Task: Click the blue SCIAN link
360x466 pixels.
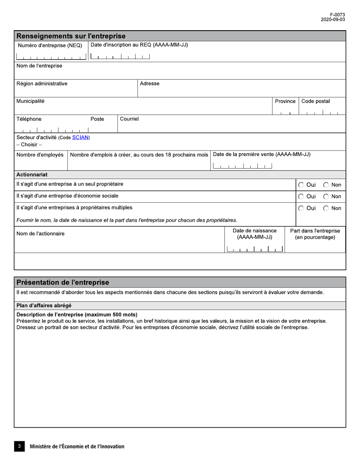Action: click(80, 138)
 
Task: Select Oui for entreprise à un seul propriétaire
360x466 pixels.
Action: click(301, 185)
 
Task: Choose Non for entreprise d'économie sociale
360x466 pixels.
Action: click(326, 196)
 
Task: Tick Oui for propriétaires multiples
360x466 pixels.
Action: click(301, 208)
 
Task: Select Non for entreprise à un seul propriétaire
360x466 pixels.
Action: click(326, 185)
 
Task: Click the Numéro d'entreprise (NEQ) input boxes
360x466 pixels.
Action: click(51, 57)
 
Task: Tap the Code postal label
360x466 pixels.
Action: click(315, 101)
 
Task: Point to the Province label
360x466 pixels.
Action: click(285, 101)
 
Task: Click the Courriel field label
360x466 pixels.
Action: click(129, 119)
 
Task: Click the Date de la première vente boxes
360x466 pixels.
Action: click(243, 166)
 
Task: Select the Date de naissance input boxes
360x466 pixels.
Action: click(255, 249)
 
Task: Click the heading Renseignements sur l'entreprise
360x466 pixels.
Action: click(71, 36)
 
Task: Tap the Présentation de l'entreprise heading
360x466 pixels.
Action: click(63, 282)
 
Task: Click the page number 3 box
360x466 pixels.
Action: click(19, 446)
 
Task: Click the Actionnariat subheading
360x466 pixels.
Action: click(32, 175)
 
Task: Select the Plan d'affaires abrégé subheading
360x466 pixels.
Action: click(44, 305)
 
